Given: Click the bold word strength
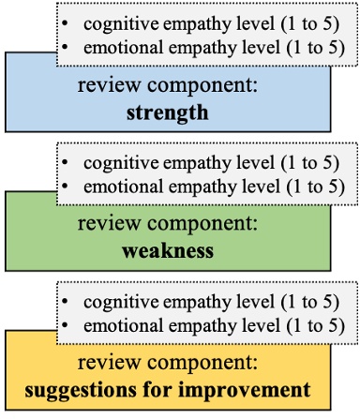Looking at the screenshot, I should (x=168, y=113).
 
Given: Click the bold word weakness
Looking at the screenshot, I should (x=168, y=251).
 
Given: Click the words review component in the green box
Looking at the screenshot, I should (x=168, y=226).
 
